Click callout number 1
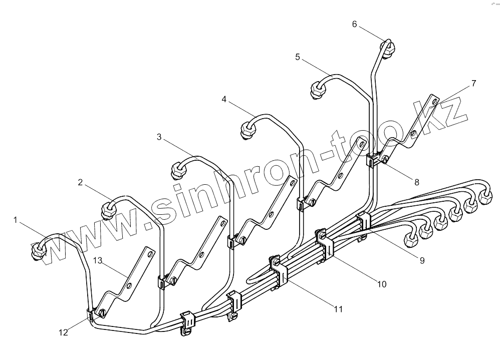(16, 219)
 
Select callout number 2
(80, 182)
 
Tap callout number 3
(159, 136)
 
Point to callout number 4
(224, 100)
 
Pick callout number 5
(298, 57)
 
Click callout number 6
(355, 24)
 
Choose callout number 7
(473, 83)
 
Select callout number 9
(422, 260)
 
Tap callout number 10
(382, 284)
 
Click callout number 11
(338, 309)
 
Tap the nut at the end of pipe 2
(108, 210)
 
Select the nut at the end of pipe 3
(177, 171)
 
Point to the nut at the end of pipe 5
(317, 91)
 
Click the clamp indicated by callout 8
(373, 160)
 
